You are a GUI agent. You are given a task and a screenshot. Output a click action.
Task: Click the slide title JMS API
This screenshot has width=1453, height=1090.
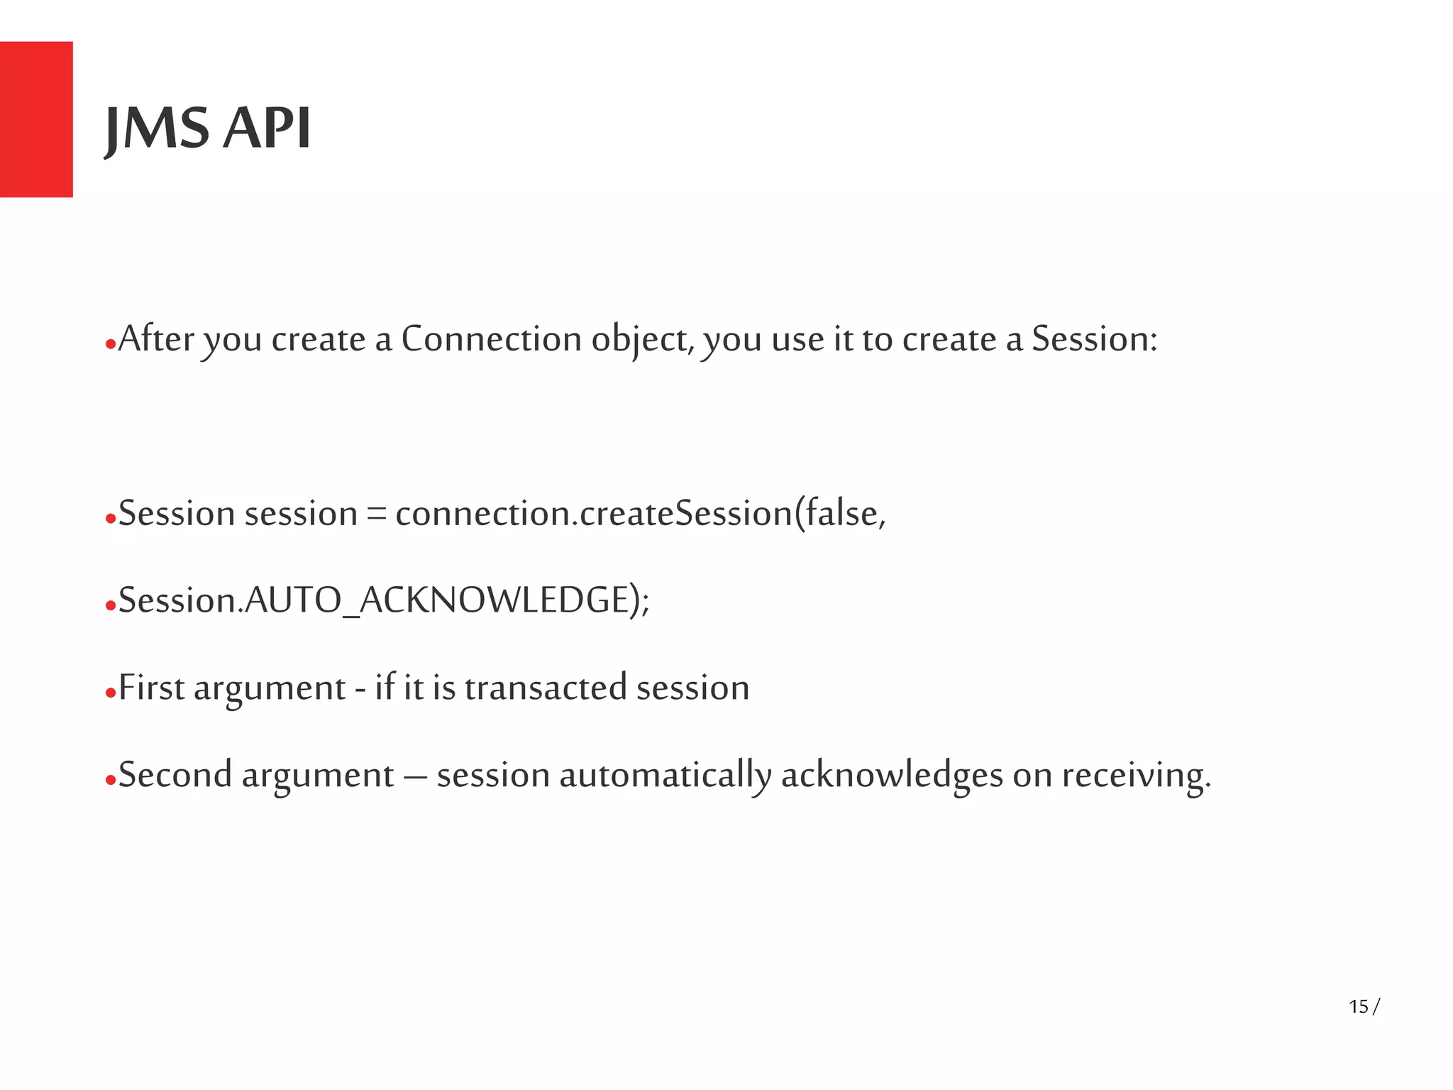click(207, 128)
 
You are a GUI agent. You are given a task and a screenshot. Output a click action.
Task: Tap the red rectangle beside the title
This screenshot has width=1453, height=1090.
click(36, 119)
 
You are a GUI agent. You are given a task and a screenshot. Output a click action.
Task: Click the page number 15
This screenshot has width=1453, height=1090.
click(1358, 1006)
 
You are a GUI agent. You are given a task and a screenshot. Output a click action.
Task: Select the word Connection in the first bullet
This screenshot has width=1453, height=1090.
click(491, 339)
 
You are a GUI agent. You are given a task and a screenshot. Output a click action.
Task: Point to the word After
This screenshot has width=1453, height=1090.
click(156, 338)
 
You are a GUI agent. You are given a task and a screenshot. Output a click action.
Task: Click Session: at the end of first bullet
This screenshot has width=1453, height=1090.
click(1094, 339)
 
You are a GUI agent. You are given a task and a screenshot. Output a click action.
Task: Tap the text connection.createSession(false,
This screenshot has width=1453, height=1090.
click(640, 514)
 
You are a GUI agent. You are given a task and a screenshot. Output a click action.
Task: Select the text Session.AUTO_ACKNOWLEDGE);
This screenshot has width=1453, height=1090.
click(383, 600)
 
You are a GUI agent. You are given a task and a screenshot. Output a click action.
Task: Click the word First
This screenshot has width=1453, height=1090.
click(151, 688)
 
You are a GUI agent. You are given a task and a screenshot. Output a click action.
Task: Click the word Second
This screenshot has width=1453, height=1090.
click(175, 775)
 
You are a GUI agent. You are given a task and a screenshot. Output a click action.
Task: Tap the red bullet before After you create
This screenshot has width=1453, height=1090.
click(110, 345)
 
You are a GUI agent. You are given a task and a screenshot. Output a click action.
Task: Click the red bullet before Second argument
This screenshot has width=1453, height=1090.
click(110, 781)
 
